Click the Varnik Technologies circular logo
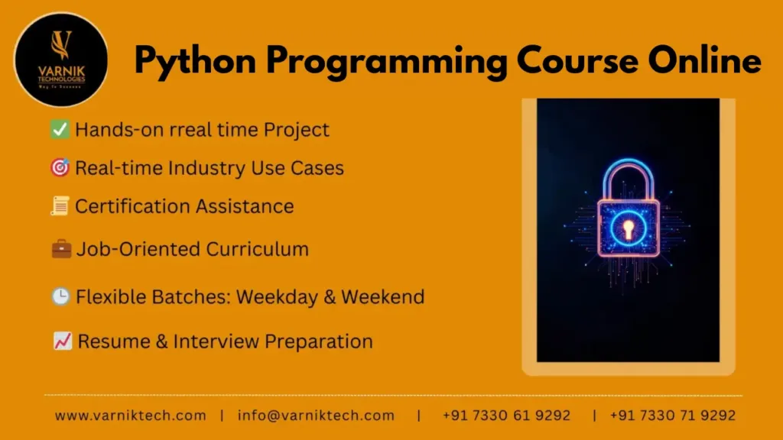pos(61,60)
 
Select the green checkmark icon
pos(60,130)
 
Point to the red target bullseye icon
pos(60,168)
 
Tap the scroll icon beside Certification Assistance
pos(60,206)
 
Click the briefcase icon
pos(61,249)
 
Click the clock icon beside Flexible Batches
pos(60,296)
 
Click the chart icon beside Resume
pos(63,341)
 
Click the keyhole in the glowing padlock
pos(629,227)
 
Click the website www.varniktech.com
pos(130,416)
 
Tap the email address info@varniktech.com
pos(316,416)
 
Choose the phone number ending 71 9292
pos(673,416)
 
